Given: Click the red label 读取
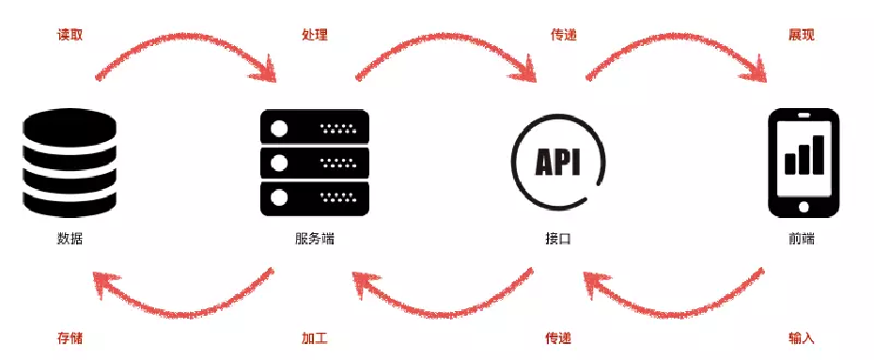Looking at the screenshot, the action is (70, 35).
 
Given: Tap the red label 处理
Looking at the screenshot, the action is (315, 35).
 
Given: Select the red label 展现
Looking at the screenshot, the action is (801, 35).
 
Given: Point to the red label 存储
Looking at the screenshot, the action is (70, 337).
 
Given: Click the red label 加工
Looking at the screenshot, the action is (315, 337).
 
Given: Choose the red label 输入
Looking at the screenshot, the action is (802, 337).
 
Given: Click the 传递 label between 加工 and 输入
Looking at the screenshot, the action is (558, 337).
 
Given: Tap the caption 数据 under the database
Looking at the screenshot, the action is (70, 239).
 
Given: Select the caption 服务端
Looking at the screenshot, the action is (315, 239).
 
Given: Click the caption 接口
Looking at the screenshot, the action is (558, 239).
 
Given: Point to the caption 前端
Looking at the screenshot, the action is (802, 239).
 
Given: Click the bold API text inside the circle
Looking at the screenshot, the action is (558, 163).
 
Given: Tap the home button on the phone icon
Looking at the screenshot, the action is (804, 207).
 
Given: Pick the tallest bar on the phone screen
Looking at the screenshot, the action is (819, 154).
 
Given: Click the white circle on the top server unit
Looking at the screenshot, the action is (279, 130).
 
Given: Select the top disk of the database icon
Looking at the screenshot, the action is (70, 125).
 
